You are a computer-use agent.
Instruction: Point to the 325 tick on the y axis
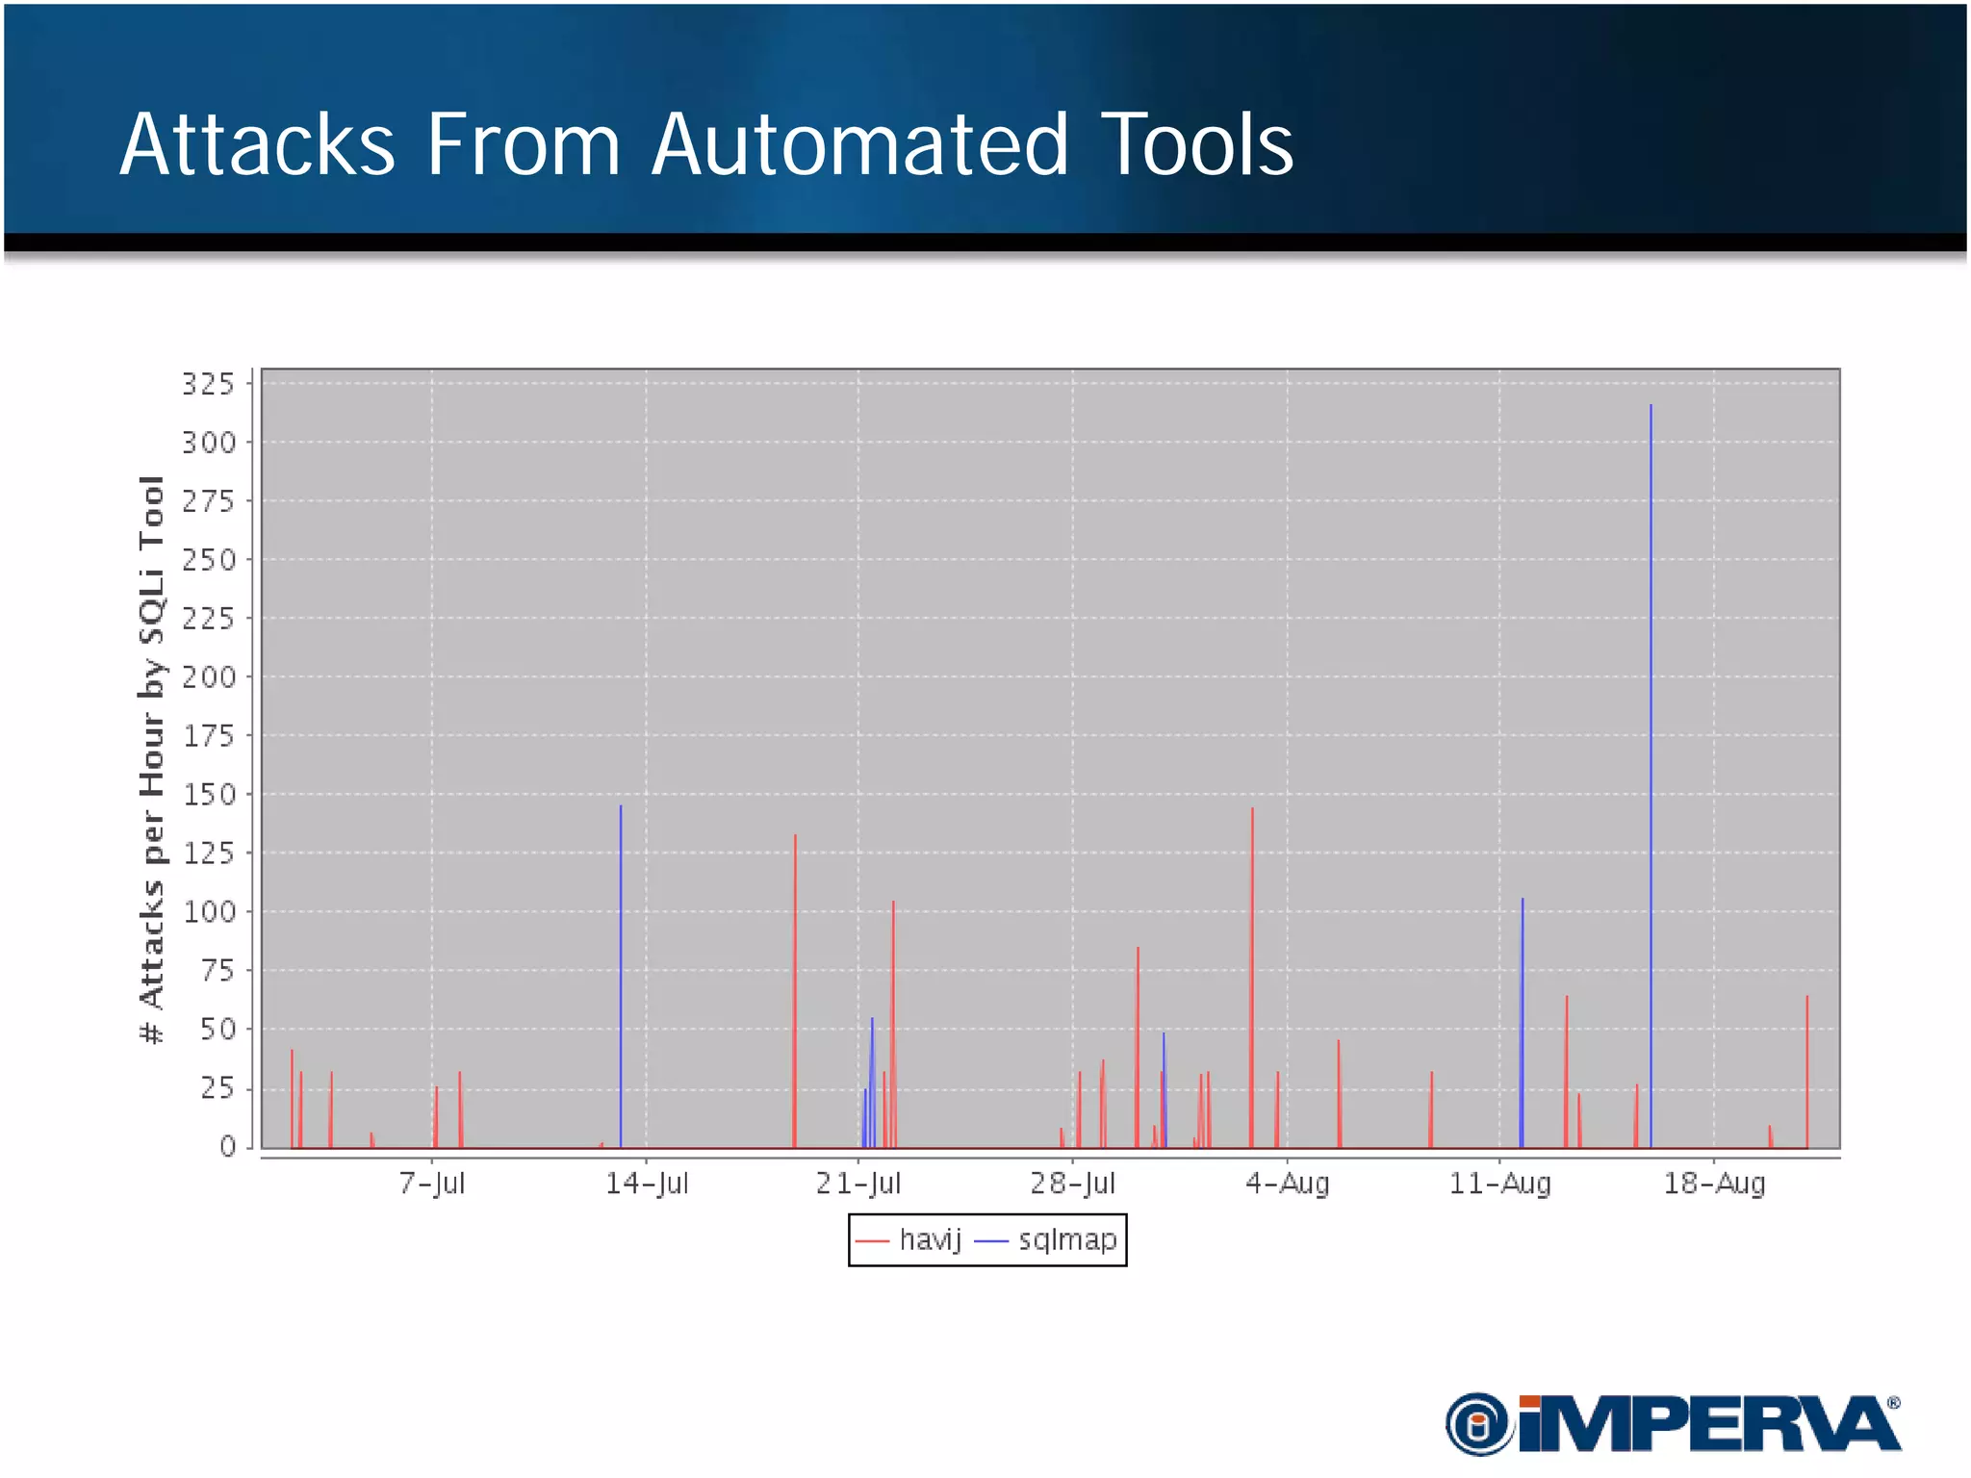[209, 384]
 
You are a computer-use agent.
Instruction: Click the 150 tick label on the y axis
[209, 795]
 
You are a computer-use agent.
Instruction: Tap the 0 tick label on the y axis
[227, 1146]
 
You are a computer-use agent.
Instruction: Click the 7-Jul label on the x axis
[432, 1183]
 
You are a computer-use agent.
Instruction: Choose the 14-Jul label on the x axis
[647, 1183]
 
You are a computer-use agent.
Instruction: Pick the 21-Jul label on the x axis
[858, 1183]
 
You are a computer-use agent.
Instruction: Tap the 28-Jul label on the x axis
[1073, 1183]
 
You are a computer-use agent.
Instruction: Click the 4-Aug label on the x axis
[1288, 1183]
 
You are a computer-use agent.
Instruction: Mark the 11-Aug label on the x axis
[1499, 1183]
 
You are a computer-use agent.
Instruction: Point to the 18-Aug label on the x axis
[1714, 1183]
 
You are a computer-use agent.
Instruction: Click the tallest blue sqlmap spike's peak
[1651, 406]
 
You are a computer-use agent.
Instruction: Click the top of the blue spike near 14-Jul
[621, 806]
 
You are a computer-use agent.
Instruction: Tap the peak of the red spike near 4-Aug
[1252, 809]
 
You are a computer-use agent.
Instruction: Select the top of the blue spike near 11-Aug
[1523, 900]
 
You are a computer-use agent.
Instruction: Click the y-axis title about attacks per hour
[152, 759]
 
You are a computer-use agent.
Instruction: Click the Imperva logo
[1673, 1424]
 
